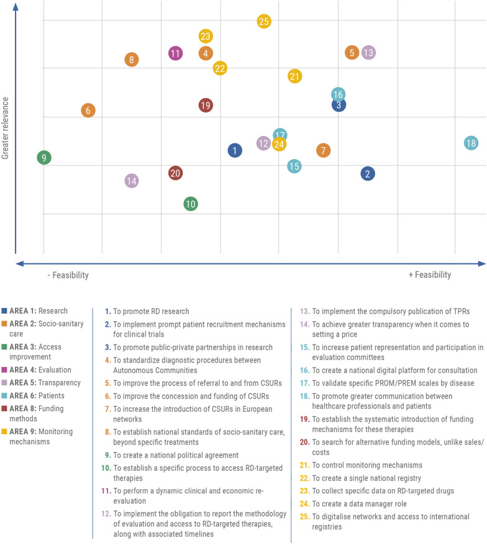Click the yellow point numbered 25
point(264,22)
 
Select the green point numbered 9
point(43,158)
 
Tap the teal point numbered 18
point(471,143)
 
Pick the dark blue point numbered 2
point(368,174)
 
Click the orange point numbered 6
point(88,111)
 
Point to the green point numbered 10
point(191,204)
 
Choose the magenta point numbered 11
point(175,53)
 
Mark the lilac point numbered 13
point(368,53)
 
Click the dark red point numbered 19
point(206,106)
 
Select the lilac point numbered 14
point(131,181)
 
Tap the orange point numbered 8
point(131,60)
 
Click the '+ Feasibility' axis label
point(429,275)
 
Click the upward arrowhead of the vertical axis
point(16,7)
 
